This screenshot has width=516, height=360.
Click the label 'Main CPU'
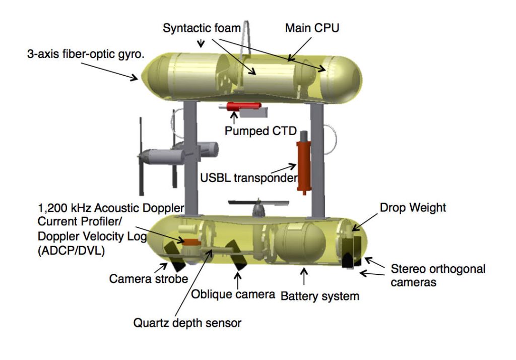(312, 28)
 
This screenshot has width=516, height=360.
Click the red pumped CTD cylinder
(243, 106)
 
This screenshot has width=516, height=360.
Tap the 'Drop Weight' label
(413, 207)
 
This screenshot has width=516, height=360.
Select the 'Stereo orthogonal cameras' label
(438, 275)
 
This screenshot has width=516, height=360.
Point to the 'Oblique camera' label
(233, 293)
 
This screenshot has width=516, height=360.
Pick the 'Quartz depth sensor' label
(187, 323)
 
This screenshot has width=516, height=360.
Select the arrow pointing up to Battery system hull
(303, 275)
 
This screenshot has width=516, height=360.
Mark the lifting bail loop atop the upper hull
(246, 35)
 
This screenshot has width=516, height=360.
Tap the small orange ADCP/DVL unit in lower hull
(190, 242)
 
